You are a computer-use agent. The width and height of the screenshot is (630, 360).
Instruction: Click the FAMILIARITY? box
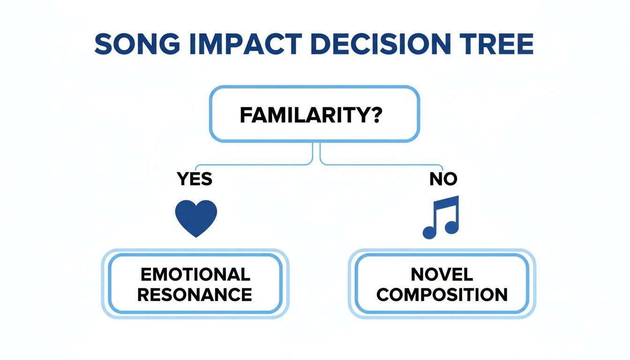pyautogui.click(x=314, y=114)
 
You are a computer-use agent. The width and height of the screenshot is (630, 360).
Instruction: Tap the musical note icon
pyautogui.click(x=441, y=216)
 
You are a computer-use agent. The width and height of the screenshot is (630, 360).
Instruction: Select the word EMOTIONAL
pyautogui.click(x=195, y=274)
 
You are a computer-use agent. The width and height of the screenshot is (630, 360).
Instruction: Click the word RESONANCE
pyautogui.click(x=195, y=294)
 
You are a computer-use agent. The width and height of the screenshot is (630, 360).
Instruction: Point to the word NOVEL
pyautogui.click(x=442, y=274)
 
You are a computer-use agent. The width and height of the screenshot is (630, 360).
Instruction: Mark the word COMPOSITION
pyautogui.click(x=442, y=294)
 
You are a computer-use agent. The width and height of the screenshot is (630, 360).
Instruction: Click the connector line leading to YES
pyautogui.click(x=253, y=165)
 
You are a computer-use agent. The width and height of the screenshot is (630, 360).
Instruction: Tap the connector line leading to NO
pyautogui.click(x=380, y=165)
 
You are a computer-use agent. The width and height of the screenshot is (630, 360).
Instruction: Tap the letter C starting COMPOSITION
pyautogui.click(x=383, y=294)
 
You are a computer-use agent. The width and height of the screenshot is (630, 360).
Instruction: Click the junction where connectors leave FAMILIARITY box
pyautogui.click(x=316, y=143)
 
